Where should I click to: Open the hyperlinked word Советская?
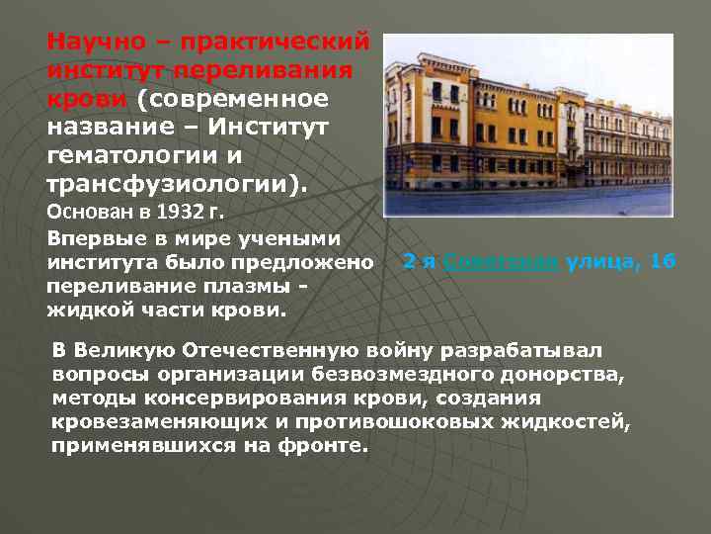tap(501, 262)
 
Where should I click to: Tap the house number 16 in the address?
tap(664, 262)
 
